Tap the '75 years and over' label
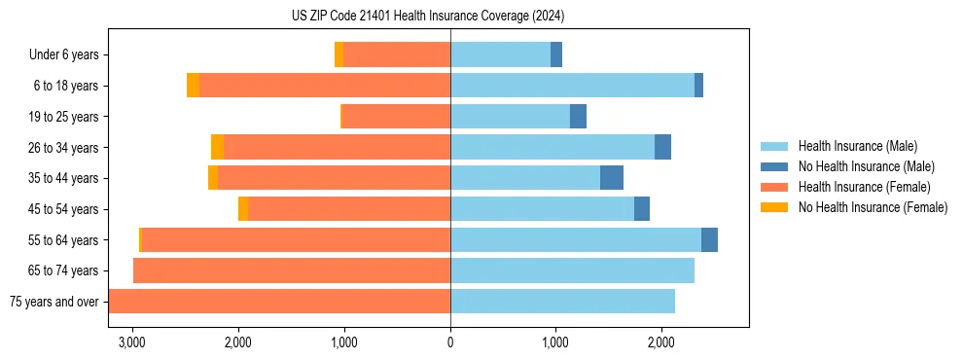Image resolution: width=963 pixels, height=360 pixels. click(x=54, y=302)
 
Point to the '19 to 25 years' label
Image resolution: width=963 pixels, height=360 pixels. click(x=63, y=117)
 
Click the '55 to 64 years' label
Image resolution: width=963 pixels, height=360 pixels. click(x=63, y=240)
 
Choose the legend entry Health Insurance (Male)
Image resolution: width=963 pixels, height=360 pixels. click(x=857, y=146)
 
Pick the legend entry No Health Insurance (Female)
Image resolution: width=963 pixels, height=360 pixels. click(x=873, y=207)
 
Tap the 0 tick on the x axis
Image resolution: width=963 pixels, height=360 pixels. click(x=450, y=343)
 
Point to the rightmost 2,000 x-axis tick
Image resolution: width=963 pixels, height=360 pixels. click(x=661, y=343)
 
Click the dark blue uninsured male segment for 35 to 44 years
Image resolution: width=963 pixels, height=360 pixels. click(x=612, y=178)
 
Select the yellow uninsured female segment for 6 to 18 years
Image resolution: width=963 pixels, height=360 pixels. click(x=193, y=86)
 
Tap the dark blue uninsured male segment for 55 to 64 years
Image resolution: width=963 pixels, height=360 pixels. click(x=709, y=240)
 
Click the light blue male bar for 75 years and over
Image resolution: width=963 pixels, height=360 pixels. click(x=562, y=302)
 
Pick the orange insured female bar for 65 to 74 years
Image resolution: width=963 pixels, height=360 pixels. click(x=292, y=270)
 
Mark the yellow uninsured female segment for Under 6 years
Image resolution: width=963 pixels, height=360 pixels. click(x=339, y=54)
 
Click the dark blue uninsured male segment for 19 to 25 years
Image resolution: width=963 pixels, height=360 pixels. click(x=578, y=117)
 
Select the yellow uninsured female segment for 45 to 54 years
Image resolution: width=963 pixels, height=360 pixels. click(x=243, y=209)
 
